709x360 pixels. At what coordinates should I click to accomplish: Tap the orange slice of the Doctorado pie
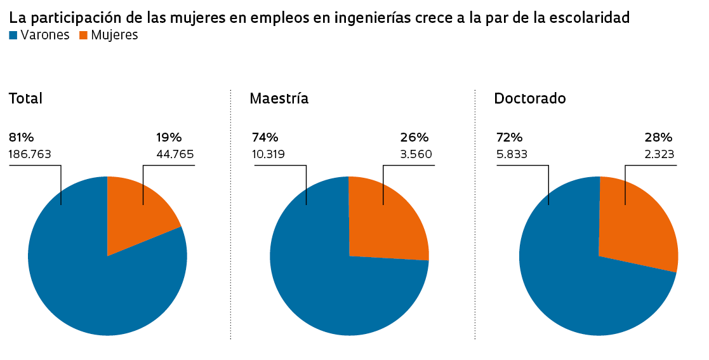click(x=638, y=222)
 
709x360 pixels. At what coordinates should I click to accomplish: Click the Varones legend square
click(x=13, y=36)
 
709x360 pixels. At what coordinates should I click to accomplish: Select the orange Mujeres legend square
click(x=83, y=36)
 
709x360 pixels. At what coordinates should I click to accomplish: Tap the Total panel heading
click(x=25, y=98)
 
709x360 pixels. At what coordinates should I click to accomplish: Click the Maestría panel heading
click(x=279, y=98)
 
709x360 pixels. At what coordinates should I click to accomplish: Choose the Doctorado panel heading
click(x=529, y=98)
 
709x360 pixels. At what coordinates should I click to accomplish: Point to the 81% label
click(x=21, y=137)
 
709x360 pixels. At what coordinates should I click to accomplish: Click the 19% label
click(x=169, y=137)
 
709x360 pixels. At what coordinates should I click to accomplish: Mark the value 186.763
click(x=30, y=154)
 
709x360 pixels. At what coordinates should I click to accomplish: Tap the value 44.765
click(x=175, y=154)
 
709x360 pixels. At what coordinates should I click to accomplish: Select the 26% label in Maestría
click(x=414, y=137)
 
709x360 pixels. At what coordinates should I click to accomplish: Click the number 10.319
click(x=268, y=154)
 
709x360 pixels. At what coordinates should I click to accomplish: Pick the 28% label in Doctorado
click(x=658, y=137)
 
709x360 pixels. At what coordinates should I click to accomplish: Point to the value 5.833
click(x=512, y=154)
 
